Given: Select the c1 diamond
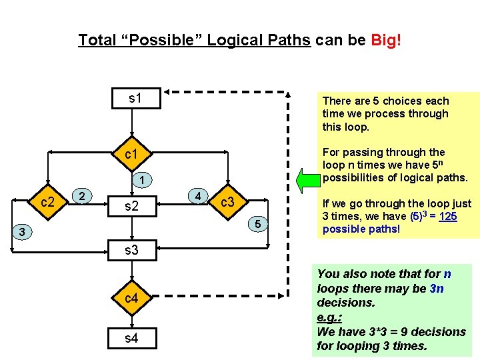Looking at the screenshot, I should coord(132,155).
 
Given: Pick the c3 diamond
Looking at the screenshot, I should coord(227,201).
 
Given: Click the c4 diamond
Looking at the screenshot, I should coord(132,298).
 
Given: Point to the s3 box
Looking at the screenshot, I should coord(132,251).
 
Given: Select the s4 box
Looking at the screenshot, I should coord(132,339).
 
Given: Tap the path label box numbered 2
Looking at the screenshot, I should coord(81,195).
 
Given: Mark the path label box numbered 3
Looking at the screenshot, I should coord(23,232).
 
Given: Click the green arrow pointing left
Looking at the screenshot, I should coord(308,179).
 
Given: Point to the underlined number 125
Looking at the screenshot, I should coord(447,217).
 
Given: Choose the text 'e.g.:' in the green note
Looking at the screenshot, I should coord(331,317).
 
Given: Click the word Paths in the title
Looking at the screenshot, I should coord(288,40).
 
